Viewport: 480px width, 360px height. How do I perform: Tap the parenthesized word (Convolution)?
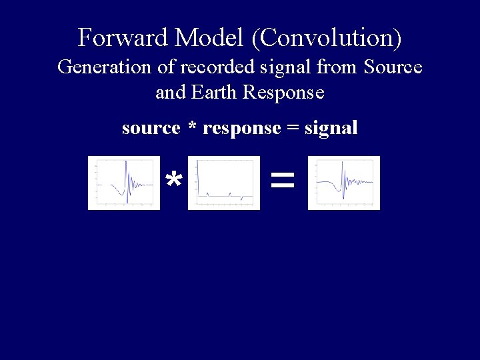[327, 38]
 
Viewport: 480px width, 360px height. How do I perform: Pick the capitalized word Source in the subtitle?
[393, 67]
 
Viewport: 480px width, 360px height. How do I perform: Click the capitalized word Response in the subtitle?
[283, 93]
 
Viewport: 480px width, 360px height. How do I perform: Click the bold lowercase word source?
[151, 128]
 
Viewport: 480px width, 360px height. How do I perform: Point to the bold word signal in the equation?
[331, 128]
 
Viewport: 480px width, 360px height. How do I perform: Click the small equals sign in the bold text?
[292, 128]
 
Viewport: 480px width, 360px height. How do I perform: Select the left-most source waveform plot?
[124, 183]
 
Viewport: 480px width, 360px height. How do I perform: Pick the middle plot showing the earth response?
[224, 183]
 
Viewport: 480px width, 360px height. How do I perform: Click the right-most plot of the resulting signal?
[344, 183]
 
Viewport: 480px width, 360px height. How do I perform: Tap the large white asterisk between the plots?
[174, 180]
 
